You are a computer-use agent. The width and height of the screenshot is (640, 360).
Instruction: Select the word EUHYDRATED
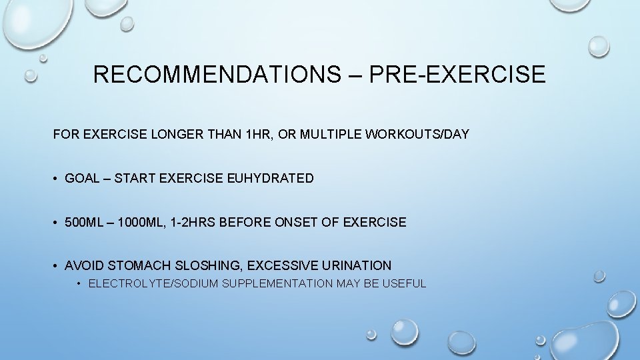(x=270, y=179)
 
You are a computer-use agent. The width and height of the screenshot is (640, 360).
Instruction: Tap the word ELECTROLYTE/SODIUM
(x=153, y=284)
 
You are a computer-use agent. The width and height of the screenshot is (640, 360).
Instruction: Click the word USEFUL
(x=405, y=284)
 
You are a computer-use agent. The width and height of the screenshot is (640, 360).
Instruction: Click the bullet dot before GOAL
(x=55, y=179)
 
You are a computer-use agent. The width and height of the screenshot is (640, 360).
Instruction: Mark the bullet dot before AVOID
(x=55, y=265)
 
